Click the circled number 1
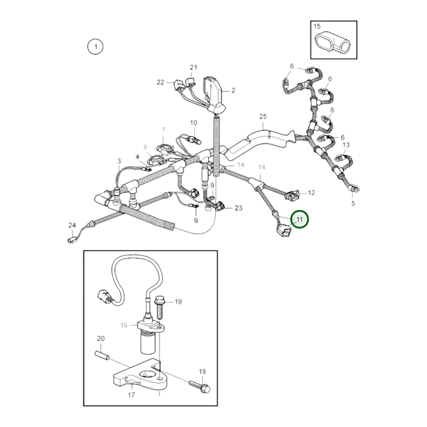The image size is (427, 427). [95, 47]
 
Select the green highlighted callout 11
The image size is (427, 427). [299, 219]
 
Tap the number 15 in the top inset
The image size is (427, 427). [317, 26]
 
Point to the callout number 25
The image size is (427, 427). [263, 116]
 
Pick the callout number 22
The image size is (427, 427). [160, 82]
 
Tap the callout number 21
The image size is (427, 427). [194, 67]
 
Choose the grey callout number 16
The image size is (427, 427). [124, 325]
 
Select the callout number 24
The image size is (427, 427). [72, 225]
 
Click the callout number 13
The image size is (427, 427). [346, 145]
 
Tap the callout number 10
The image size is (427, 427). [194, 123]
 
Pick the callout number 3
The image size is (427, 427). [119, 161]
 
